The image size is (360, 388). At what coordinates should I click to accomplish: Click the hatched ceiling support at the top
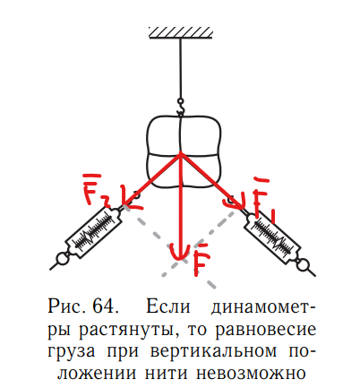pyautogui.click(x=181, y=33)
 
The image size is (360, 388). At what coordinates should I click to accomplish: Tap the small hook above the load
pyautogui.click(x=180, y=107)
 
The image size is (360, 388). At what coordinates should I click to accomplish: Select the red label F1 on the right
pyautogui.click(x=263, y=199)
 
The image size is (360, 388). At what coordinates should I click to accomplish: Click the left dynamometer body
pyautogui.click(x=94, y=232)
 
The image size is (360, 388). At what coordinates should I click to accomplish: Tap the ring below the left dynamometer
pyautogui.click(x=62, y=259)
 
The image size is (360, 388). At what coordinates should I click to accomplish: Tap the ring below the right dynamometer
pyautogui.click(x=304, y=264)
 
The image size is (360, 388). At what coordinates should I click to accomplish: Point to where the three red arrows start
pyautogui.click(x=180, y=153)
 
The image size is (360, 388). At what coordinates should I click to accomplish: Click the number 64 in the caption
pyautogui.click(x=104, y=306)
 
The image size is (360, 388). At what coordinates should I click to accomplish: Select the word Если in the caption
pyautogui.click(x=167, y=306)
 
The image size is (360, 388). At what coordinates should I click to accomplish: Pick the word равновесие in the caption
pyautogui.click(x=266, y=330)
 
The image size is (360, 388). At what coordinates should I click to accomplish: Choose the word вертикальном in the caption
pyautogui.click(x=214, y=352)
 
